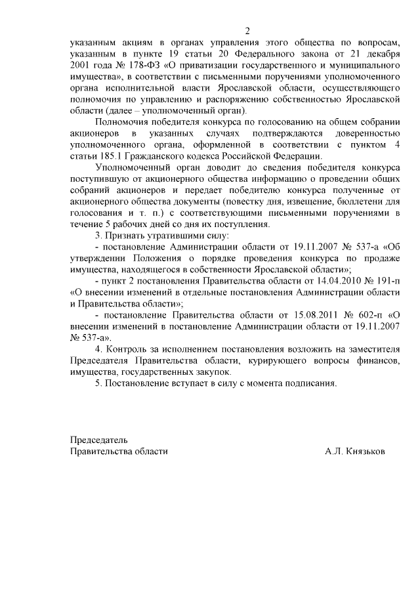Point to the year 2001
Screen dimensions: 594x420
click(80, 67)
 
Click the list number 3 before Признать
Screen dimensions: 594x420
click(98, 235)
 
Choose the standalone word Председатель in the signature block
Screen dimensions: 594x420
click(99, 440)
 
